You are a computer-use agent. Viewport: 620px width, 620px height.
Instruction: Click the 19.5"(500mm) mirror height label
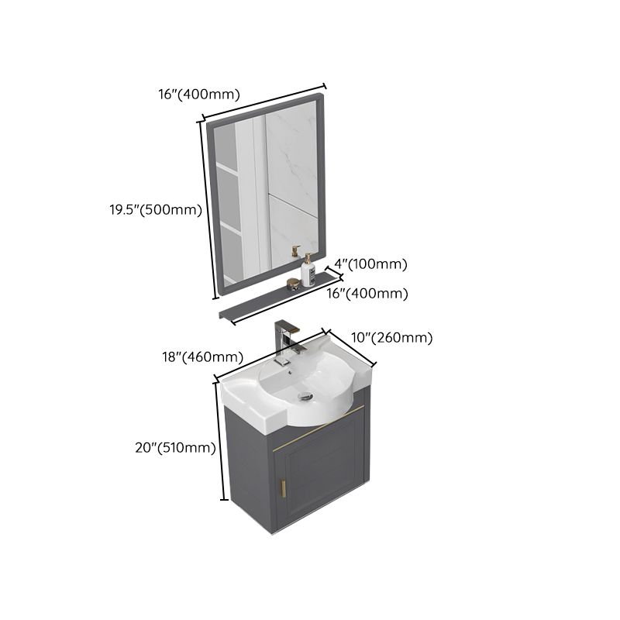pyautogui.click(x=154, y=209)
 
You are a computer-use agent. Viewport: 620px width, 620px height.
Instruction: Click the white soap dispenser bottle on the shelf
pyautogui.click(x=308, y=270)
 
